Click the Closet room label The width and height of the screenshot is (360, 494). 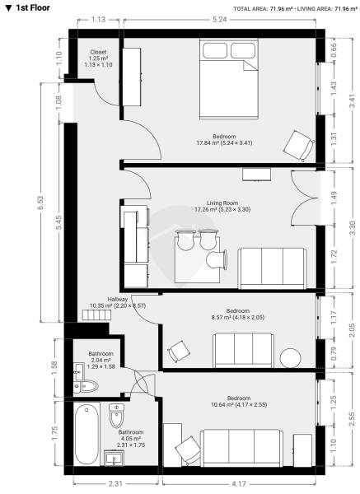[98, 52]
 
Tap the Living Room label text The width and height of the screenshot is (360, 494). [222, 203]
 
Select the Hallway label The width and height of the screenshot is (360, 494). [118, 300]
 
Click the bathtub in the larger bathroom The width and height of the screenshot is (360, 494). [86, 434]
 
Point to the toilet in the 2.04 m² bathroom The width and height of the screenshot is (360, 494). [87, 386]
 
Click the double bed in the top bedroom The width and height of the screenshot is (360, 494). [229, 79]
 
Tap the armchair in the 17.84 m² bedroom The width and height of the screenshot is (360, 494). [298, 146]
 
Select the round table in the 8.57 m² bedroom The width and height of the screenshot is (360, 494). [290, 358]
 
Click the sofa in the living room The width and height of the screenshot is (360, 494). [273, 268]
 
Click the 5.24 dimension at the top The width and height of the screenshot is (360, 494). [220, 20]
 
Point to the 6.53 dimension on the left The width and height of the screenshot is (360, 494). [40, 203]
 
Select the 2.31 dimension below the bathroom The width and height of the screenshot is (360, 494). [115, 483]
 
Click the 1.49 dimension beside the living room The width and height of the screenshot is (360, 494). [334, 198]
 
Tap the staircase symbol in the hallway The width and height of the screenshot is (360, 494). [96, 315]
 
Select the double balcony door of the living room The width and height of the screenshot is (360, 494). [304, 198]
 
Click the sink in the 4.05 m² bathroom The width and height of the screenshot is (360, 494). [114, 458]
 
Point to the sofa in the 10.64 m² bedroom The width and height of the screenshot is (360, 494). [242, 448]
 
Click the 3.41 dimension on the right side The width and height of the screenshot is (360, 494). [353, 100]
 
